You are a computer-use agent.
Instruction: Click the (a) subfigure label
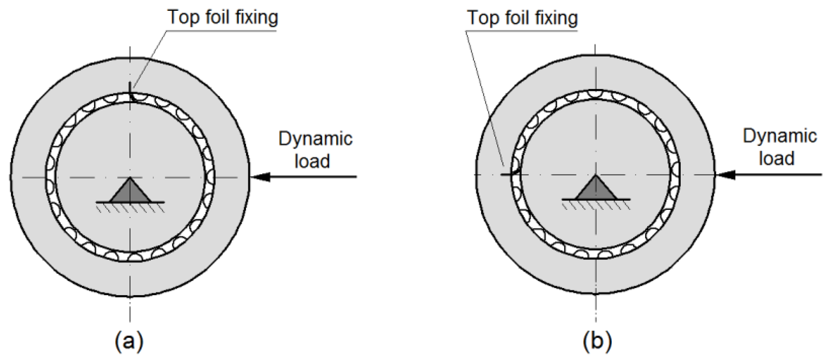(129, 341)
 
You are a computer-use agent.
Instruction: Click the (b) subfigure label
(597, 341)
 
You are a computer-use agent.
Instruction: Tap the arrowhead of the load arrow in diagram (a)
(261, 176)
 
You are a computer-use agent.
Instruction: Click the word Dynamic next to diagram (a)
(315, 139)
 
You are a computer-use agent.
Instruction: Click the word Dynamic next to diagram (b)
(780, 136)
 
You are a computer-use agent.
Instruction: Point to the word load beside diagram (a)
(312, 161)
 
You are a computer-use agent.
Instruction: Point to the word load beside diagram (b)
(776, 158)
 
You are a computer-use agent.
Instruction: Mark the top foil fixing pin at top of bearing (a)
(130, 90)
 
